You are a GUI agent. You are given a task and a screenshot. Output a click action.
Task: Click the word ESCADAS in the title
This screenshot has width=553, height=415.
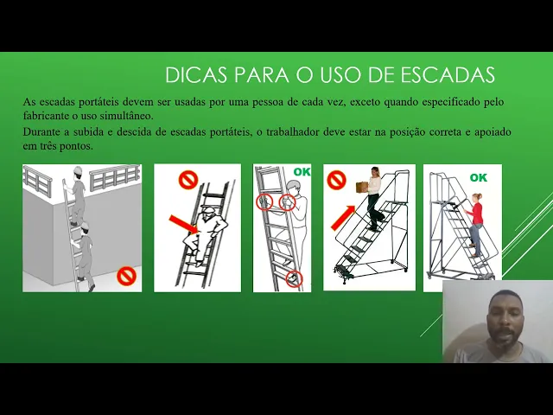click(448, 75)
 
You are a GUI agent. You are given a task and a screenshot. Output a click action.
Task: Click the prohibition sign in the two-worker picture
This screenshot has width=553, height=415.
click(126, 276)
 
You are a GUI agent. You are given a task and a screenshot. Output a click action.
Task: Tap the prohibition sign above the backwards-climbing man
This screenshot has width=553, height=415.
click(188, 180)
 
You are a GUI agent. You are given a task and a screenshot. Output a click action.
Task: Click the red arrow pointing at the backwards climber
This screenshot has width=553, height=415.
click(184, 225)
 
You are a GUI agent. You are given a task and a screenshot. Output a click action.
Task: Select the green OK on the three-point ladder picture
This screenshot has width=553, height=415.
click(302, 172)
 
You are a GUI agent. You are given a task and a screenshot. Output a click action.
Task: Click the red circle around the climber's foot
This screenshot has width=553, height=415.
click(294, 278)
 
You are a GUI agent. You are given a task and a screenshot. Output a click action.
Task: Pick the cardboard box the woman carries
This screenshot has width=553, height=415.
click(362, 187)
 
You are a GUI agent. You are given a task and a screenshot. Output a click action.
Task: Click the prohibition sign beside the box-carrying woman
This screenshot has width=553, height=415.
click(336, 180)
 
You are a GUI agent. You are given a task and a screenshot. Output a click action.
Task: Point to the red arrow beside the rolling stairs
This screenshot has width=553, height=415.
click(343, 218)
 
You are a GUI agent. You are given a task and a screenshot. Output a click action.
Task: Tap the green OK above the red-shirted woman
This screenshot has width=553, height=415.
click(478, 177)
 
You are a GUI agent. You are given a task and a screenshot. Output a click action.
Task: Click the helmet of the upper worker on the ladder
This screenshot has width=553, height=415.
click(78, 170)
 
